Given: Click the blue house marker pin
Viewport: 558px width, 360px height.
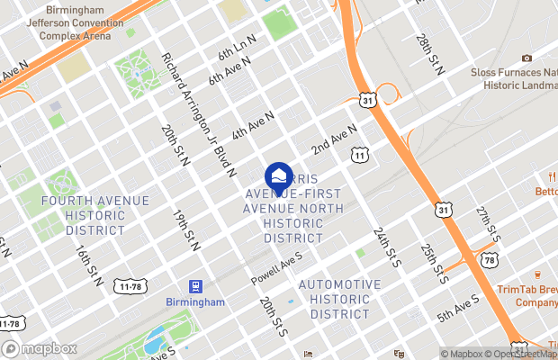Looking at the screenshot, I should tap(279, 175).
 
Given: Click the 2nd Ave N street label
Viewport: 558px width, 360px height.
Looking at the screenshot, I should tap(335, 138).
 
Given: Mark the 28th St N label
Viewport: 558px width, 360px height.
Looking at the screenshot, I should tap(430, 54).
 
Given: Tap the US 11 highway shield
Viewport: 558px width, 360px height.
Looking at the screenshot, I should tap(361, 157).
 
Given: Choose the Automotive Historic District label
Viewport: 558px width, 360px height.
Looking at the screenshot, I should tap(339, 299).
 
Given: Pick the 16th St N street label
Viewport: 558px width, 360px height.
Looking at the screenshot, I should tap(90, 265).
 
